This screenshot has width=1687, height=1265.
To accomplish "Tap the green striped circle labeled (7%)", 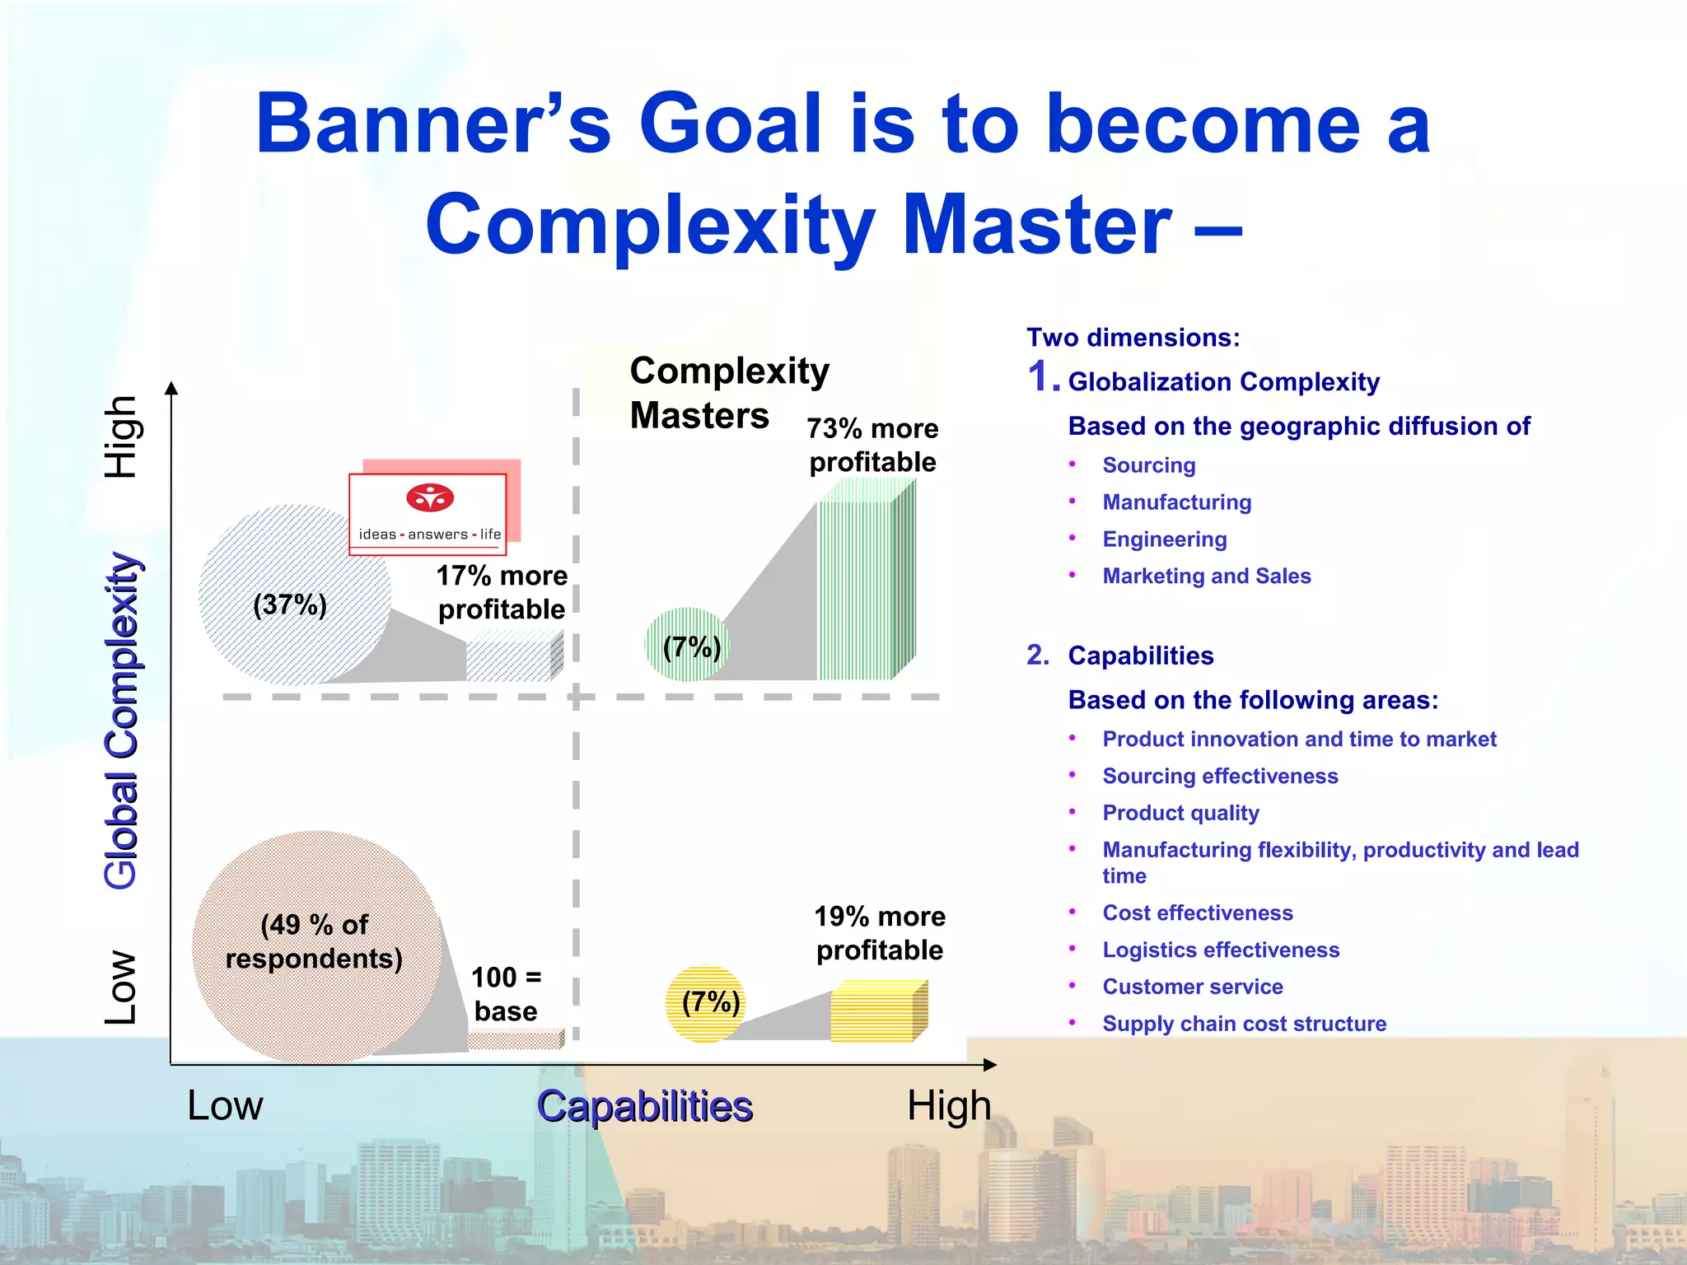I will tap(686, 645).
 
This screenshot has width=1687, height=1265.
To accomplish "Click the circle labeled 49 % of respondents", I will tap(315, 947).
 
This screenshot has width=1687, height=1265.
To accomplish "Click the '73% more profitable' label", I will tap(872, 446).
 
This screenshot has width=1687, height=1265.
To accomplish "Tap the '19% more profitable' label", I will tap(879, 933).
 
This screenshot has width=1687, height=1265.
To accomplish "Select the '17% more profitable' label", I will tap(502, 592).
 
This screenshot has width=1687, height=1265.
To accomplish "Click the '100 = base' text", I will tap(506, 994).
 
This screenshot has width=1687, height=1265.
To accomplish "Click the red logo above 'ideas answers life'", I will tap(430, 498).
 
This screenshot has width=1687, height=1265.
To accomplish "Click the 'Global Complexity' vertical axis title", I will tap(122, 721).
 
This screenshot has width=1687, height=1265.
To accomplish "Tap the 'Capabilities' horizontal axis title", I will tap(644, 1106).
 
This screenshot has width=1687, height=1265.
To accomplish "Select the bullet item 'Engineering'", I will tap(1164, 539).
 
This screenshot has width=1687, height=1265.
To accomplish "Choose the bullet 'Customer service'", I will tap(1192, 987).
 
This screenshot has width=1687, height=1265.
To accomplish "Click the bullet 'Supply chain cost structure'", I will tap(1244, 1024).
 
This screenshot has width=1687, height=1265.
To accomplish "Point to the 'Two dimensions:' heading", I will tap(1133, 338).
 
